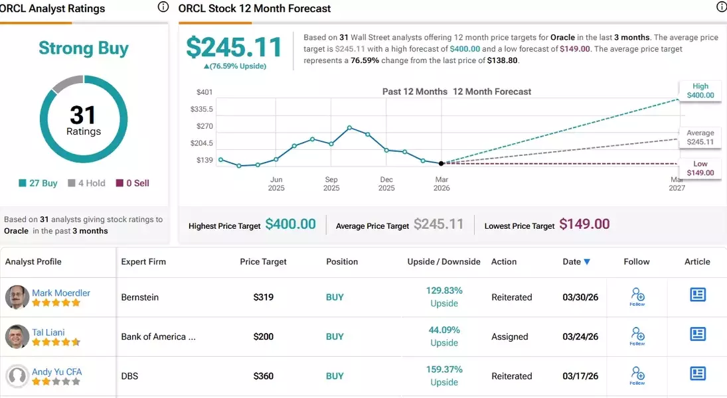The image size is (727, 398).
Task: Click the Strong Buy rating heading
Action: pyautogui.click(x=84, y=48)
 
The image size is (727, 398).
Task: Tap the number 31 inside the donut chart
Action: pyautogui.click(x=83, y=115)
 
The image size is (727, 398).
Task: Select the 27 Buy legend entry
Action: pyautogui.click(x=39, y=183)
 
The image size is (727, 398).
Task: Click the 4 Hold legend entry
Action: pyautogui.click(x=86, y=183)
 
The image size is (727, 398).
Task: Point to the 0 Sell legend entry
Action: pyautogui.click(x=133, y=183)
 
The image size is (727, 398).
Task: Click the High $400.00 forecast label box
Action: pyautogui.click(x=700, y=91)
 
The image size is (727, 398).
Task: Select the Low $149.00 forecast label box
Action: pyautogui.click(x=700, y=168)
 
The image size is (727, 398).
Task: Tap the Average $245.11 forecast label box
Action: pyautogui.click(x=700, y=137)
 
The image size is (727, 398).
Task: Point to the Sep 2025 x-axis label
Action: pyautogui.click(x=331, y=184)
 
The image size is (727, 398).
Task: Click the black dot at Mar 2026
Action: pyautogui.click(x=442, y=163)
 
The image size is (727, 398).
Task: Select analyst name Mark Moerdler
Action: pyautogui.click(x=61, y=293)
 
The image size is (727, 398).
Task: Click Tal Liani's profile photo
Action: pyautogui.click(x=17, y=336)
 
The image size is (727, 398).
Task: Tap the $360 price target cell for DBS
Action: pyautogui.click(x=264, y=376)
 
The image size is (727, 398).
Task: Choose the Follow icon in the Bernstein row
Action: pyautogui.click(x=637, y=297)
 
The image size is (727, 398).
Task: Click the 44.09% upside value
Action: pyautogui.click(x=444, y=330)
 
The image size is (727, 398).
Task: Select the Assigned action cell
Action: pyautogui.click(x=510, y=336)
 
